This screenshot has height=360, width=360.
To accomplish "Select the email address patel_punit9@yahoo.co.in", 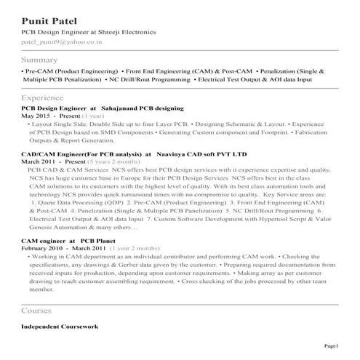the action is [x=62, y=44].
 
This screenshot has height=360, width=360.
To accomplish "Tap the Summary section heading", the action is [x=40, y=59].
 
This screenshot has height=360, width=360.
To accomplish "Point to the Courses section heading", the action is [x=38, y=311].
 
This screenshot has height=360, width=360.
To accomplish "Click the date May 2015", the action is [x=36, y=116].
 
